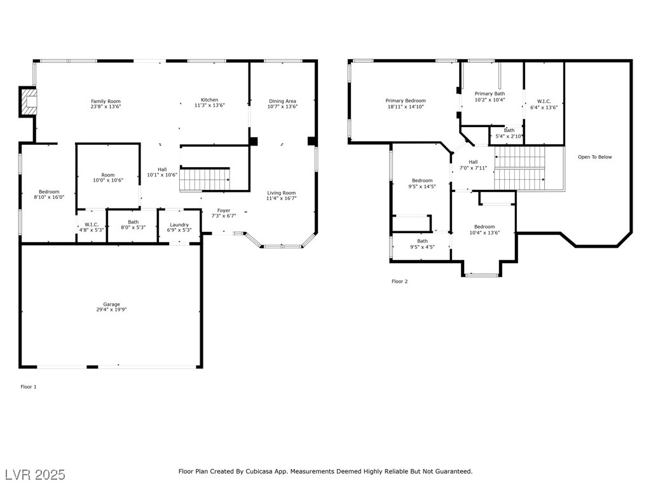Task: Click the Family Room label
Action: pos(106,101)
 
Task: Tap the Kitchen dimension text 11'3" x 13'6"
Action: pos(209,107)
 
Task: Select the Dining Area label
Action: pos(282,101)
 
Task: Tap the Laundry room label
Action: pos(179,224)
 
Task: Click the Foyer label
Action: pos(224,210)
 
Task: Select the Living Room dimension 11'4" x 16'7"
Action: pos(281,199)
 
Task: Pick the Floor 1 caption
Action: pos(29,386)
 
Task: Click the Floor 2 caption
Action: pos(399,281)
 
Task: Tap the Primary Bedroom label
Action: pos(406,100)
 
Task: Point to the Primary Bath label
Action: pos(490,93)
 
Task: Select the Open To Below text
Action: pos(595,157)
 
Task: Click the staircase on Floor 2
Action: pos(520,168)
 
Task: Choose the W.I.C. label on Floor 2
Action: pos(544,101)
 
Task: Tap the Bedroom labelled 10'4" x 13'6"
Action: pos(484,227)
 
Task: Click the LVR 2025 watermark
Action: pos(35,475)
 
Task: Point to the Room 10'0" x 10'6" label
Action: pos(108,175)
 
